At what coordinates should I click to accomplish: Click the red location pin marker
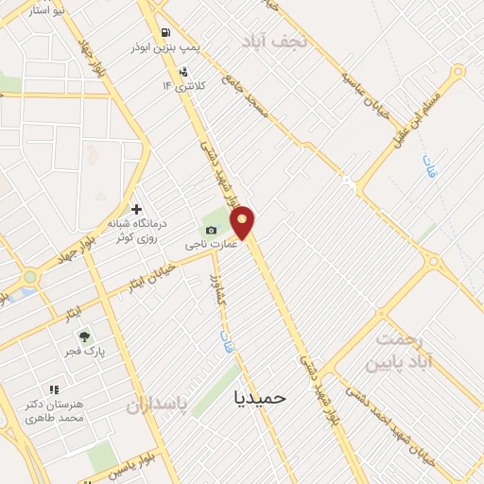[243, 221]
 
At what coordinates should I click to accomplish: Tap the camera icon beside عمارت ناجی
[211, 231]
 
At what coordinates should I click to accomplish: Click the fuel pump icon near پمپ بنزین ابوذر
[166, 30]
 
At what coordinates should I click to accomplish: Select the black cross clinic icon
[136, 209]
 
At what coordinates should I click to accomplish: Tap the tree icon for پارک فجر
[84, 336]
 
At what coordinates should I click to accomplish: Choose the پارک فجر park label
[88, 352]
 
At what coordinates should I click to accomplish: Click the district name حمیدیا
[259, 398]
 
